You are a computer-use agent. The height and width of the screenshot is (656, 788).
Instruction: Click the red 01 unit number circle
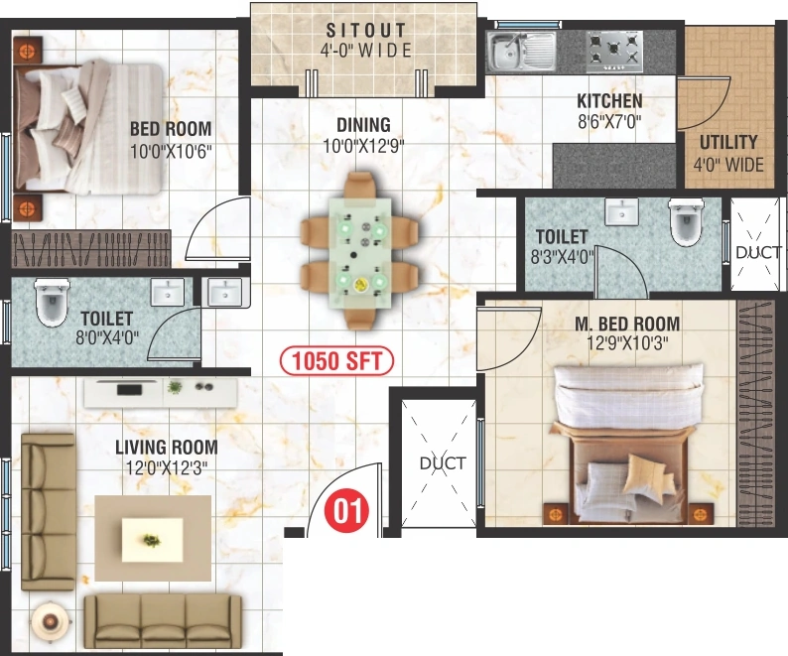coord(346,511)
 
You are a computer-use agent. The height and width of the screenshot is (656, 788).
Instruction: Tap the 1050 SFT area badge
coord(336,361)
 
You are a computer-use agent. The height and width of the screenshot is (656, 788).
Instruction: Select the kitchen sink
coord(521,52)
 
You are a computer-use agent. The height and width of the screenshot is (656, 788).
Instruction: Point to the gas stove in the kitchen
coord(614,52)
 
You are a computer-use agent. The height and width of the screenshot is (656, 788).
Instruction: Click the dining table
coord(359,252)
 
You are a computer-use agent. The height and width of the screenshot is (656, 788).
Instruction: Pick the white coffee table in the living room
coord(152,541)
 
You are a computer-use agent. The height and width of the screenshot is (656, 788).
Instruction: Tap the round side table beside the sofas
coord(50,621)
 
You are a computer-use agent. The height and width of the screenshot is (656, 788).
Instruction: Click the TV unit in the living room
coord(161,393)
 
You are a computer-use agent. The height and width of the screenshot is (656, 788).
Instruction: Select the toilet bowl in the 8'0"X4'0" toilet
coord(52,303)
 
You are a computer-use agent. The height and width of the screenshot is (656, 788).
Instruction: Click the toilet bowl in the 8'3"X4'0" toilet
coord(686,221)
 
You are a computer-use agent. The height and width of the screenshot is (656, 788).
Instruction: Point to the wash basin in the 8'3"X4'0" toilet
coord(621,211)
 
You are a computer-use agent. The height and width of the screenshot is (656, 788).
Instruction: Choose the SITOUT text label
coord(366,30)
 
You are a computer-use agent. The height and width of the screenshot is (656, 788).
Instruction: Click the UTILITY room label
coord(728,143)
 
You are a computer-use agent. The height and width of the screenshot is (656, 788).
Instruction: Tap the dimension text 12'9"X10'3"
coord(627,343)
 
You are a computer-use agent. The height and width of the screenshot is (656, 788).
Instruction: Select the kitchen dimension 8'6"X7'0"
coord(609,122)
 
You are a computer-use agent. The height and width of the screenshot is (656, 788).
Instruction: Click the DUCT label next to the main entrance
coord(443,462)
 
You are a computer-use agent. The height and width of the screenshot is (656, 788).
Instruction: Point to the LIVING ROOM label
coord(167,447)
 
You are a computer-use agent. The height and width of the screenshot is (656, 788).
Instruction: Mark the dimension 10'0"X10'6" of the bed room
coord(171,151)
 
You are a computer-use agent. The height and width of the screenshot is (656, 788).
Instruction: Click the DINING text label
coord(363,125)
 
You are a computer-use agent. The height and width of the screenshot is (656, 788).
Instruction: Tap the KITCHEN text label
coord(609,101)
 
